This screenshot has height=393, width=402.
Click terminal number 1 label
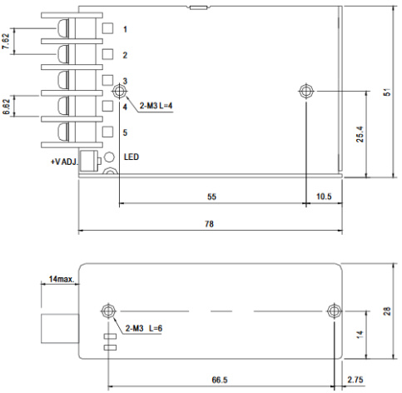(x=125, y=30)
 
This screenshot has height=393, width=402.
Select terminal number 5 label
(x=125, y=132)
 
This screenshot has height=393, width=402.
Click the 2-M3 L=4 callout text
(x=156, y=107)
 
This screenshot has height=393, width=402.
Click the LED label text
(x=132, y=157)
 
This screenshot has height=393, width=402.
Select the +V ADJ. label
(x=63, y=161)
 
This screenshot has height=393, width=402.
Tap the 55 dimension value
(x=212, y=196)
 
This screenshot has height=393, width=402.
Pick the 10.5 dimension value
(x=325, y=196)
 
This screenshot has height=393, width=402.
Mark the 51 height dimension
(x=387, y=92)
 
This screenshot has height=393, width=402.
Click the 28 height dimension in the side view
(x=387, y=311)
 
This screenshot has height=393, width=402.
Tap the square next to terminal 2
(x=108, y=55)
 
